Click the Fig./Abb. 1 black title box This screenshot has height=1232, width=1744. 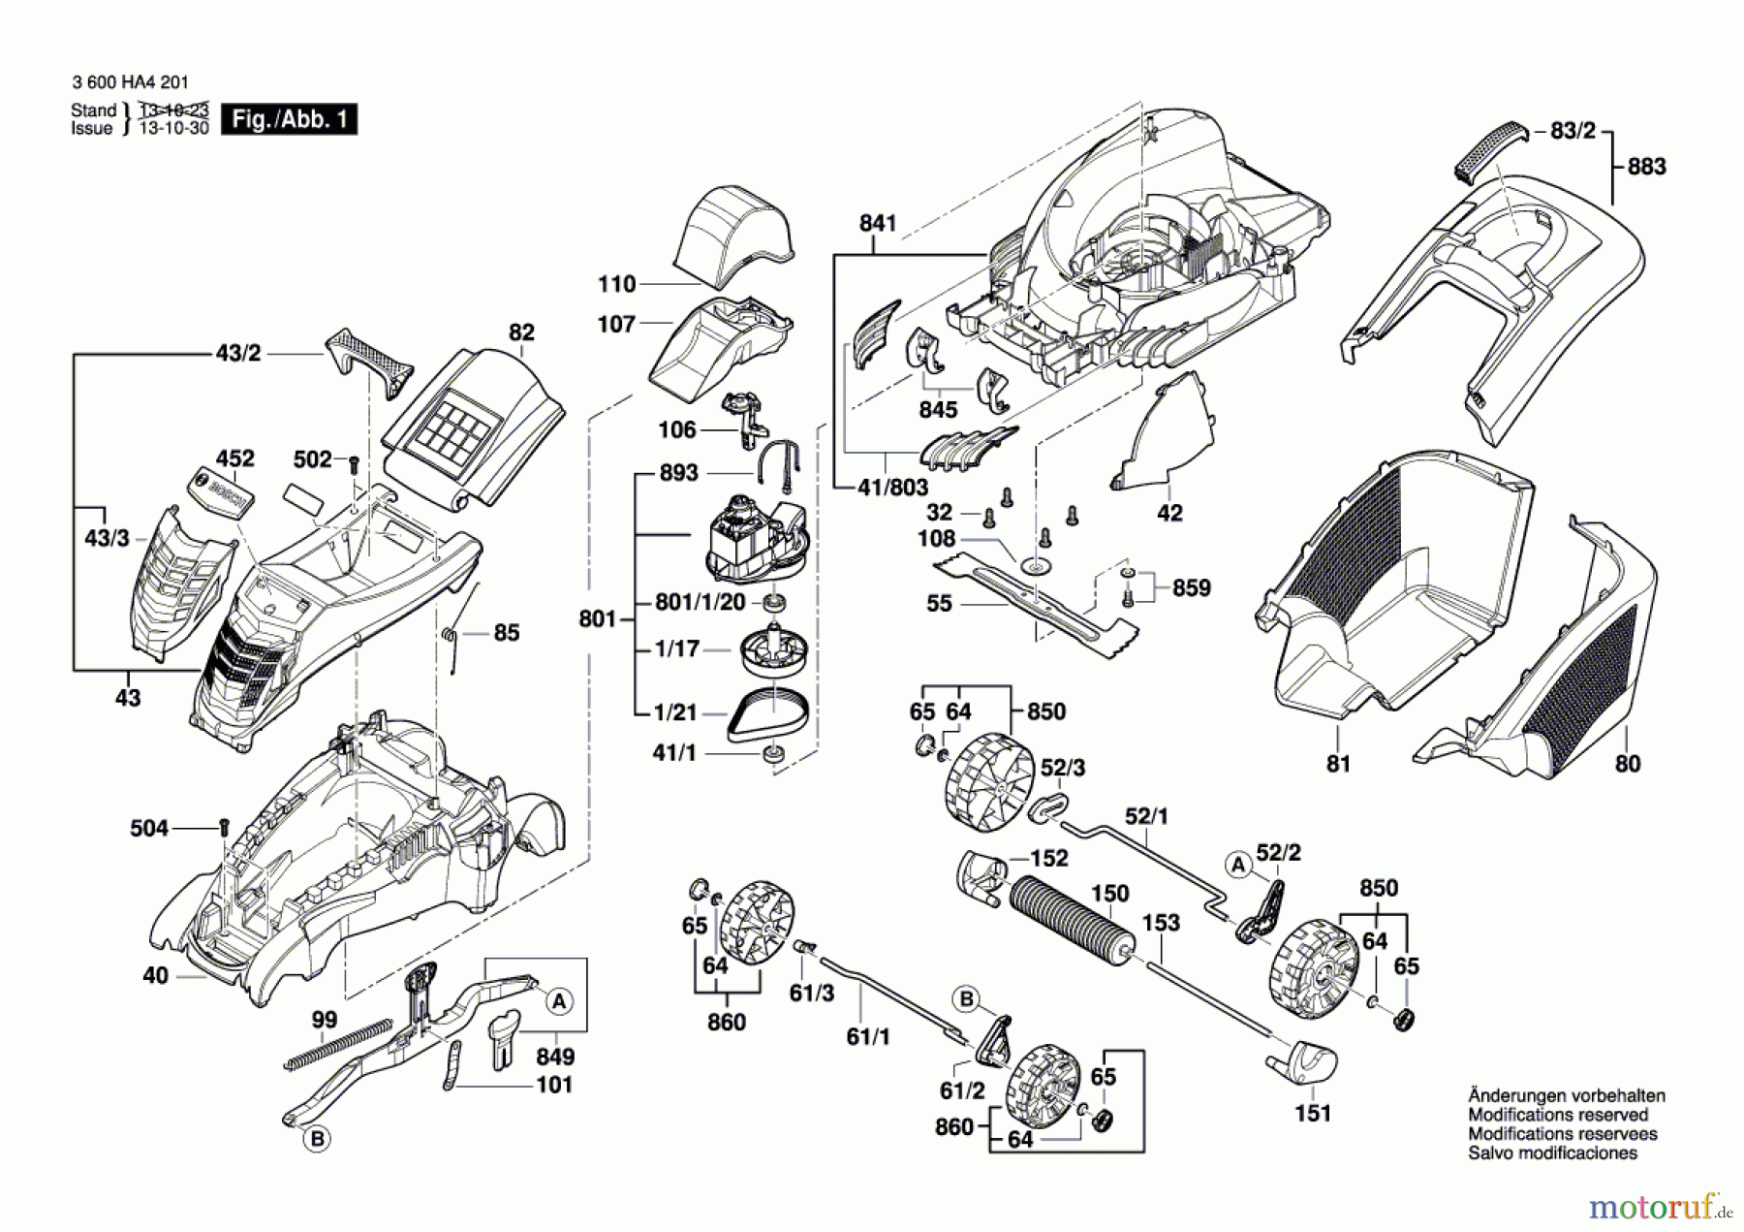(x=289, y=119)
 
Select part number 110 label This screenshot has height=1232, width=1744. (x=617, y=284)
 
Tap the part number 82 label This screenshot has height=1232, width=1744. (x=521, y=332)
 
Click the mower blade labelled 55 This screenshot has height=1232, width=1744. (x=1036, y=603)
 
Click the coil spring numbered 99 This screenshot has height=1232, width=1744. (x=338, y=1045)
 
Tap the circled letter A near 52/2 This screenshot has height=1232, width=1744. (x=1237, y=865)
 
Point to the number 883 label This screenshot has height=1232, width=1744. (x=1646, y=167)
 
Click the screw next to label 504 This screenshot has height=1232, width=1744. (x=225, y=829)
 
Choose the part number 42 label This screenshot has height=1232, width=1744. (x=1169, y=513)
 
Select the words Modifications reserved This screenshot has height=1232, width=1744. (x=1558, y=1115)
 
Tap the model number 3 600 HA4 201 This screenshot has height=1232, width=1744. (x=130, y=83)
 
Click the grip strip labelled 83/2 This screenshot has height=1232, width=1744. (x=1489, y=150)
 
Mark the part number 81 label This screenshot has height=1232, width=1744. (x=1338, y=764)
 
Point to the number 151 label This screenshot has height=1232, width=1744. (x=1313, y=1114)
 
